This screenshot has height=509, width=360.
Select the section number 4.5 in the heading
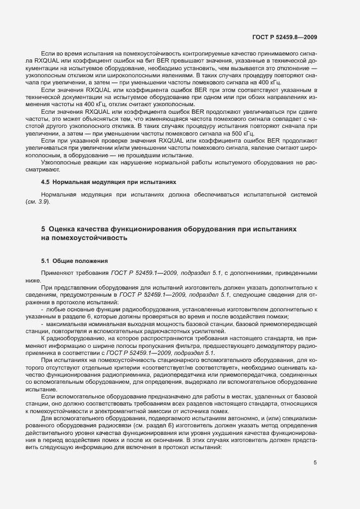click(x=46, y=181)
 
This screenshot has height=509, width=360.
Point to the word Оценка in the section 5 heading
click(x=65, y=229)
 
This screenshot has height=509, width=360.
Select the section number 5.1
click(x=46, y=261)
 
